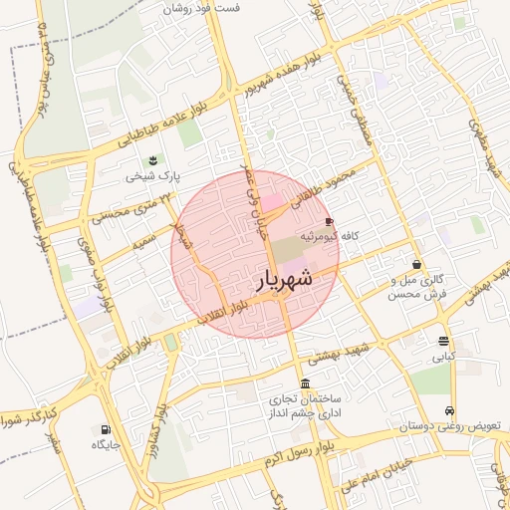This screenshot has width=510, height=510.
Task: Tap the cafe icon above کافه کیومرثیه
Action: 331,221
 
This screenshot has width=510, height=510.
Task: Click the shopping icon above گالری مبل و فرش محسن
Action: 415,265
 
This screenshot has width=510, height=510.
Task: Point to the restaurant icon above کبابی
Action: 442,341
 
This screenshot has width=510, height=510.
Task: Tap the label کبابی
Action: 442,356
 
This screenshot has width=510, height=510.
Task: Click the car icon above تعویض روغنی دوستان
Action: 450,410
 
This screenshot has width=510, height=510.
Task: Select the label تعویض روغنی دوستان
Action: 452,426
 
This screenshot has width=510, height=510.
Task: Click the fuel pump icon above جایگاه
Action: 105,429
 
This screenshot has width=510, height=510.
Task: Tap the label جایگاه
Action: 106,444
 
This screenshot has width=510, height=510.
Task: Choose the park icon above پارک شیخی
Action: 152,159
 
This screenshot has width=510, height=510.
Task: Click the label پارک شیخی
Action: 152,175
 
